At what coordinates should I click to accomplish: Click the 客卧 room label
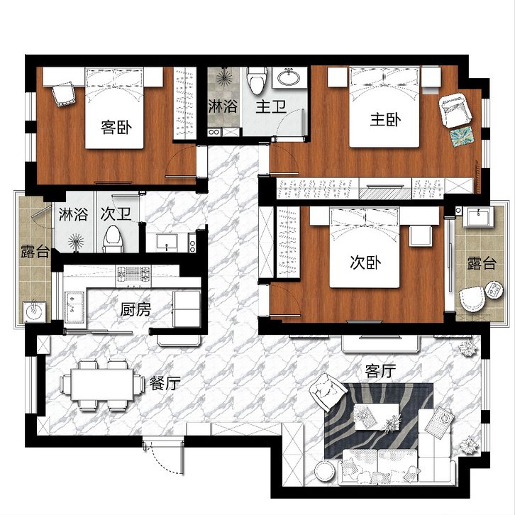coord(116,127)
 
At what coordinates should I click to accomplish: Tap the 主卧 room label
coord(386,120)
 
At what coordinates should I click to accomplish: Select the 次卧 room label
coord(365,262)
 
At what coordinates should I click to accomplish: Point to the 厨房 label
coord(135,309)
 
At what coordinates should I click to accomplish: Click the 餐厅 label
coord(165,382)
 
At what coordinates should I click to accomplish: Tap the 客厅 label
coord(380,371)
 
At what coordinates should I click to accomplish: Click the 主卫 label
coord(271,106)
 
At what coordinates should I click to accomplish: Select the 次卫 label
coord(116,214)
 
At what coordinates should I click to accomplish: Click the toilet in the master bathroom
coord(257,80)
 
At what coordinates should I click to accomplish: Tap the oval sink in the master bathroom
coord(289,78)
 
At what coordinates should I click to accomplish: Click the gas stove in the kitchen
coord(133,276)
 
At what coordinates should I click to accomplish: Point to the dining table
coord(102,384)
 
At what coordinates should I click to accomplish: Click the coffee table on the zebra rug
coord(377,416)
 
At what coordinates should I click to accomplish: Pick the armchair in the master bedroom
coord(455,110)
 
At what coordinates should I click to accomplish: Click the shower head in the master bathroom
coord(225,78)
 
